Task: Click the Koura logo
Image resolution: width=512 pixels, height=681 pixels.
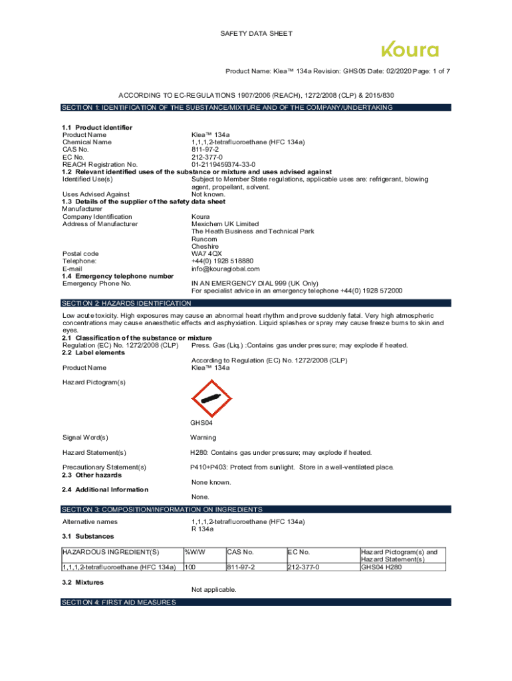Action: (410, 51)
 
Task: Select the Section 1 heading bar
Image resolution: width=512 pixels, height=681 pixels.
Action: (255, 107)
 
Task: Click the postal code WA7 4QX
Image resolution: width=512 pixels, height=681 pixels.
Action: (207, 253)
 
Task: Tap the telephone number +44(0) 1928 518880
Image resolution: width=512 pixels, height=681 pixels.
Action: (222, 261)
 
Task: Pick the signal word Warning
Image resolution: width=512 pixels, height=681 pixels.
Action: (203, 438)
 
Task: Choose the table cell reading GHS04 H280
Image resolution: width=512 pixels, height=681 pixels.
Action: (382, 567)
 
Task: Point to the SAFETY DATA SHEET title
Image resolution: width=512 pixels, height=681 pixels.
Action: (257, 33)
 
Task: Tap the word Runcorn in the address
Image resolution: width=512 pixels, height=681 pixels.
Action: (204, 239)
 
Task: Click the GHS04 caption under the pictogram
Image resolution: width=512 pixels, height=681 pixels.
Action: (202, 422)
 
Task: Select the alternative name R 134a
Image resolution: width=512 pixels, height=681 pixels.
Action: (202, 529)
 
